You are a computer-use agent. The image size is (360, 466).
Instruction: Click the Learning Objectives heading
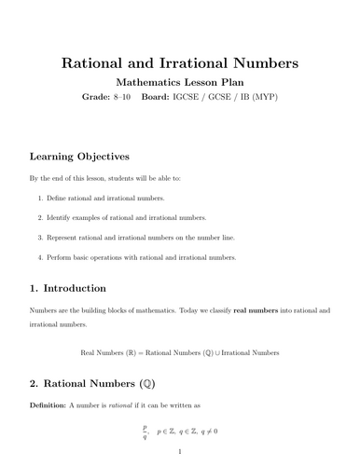click(x=79, y=156)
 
